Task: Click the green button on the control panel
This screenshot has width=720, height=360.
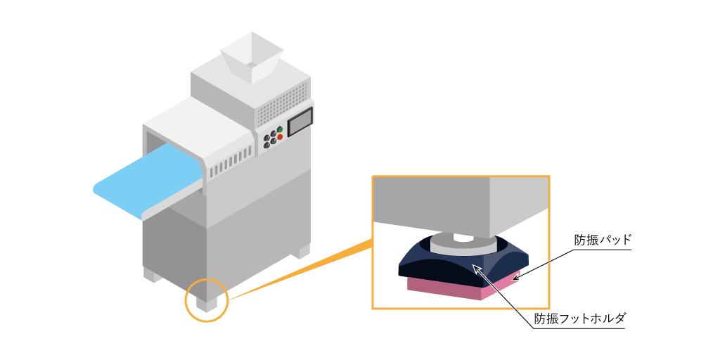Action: pos(280,129)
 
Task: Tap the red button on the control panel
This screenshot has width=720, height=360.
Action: pos(280,137)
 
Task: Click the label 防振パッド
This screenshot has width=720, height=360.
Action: pos(603,240)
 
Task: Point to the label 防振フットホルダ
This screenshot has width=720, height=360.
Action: pos(579,319)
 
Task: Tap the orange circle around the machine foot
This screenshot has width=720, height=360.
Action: pos(207,301)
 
